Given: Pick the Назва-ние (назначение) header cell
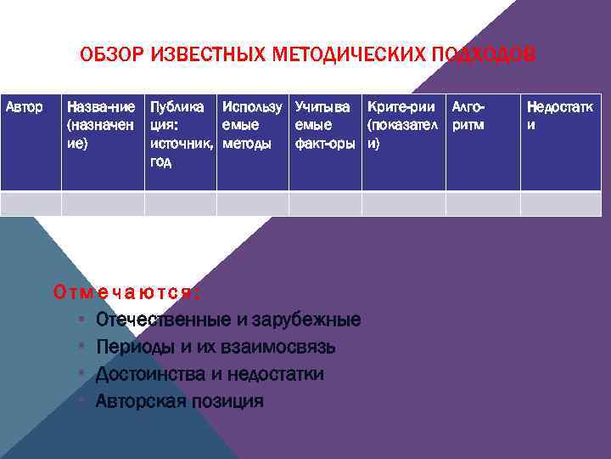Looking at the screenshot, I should click(100, 126).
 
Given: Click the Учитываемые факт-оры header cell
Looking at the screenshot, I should click(323, 126).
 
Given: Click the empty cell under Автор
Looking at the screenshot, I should click(31, 204).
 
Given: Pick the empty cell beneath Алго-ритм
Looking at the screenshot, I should click(483, 204).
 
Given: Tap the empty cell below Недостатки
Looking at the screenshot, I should click(560, 204).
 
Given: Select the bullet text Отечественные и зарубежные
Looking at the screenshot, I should click(228, 320).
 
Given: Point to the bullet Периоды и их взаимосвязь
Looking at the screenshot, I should click(216, 347).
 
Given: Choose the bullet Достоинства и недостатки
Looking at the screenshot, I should click(210, 374).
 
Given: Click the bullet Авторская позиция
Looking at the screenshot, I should click(179, 400).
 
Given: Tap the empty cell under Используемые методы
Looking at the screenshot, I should click(253, 204).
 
